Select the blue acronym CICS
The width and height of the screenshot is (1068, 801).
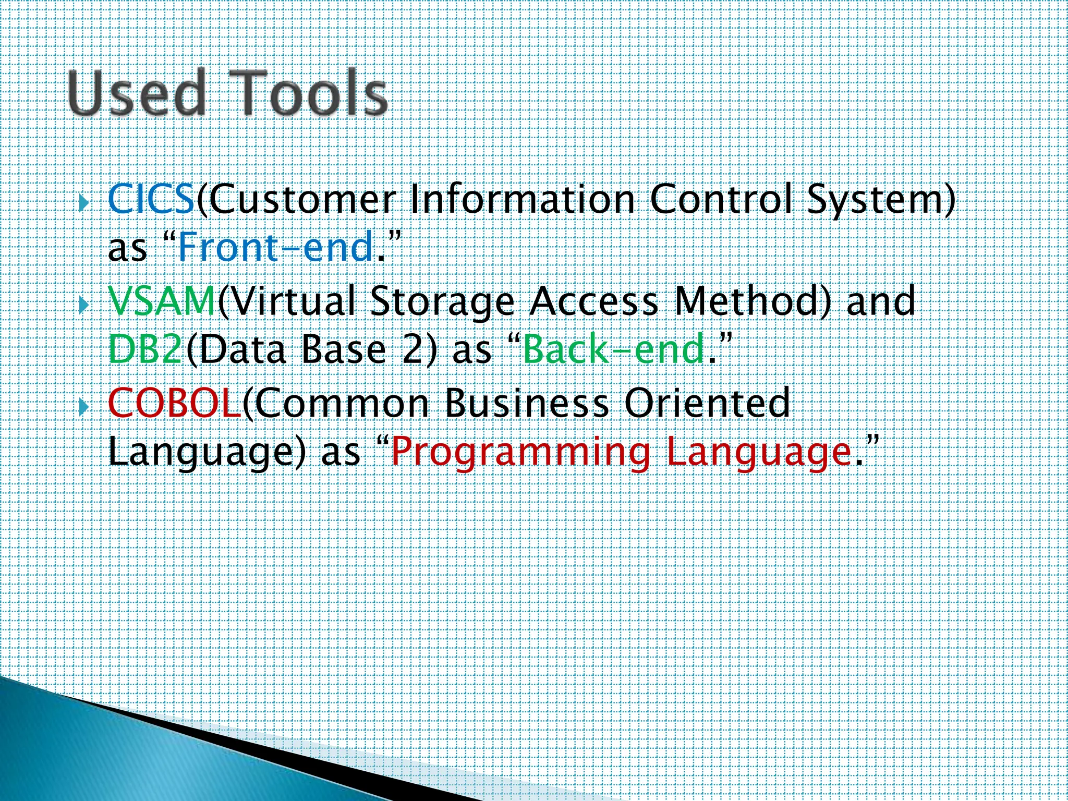[151, 200]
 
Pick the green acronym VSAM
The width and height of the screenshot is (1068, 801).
[162, 301]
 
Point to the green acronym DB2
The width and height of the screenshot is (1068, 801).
[145, 349]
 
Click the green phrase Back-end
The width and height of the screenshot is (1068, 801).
[614, 349]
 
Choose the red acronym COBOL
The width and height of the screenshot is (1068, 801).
[174, 403]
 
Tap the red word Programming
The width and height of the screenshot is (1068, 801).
[520, 452]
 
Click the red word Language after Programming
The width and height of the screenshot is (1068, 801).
[759, 452]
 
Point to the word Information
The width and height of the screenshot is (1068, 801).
[523, 200]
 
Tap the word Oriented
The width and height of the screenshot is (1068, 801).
[707, 403]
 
